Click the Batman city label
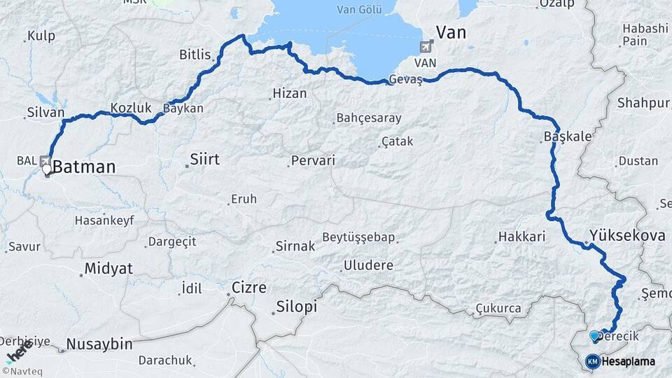[84, 167]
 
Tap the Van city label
[451, 32]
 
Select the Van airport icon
[425, 46]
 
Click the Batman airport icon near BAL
[45, 160]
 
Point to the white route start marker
[47, 169]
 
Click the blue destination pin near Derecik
[594, 336]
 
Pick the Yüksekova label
[627, 235]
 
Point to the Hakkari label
[521, 237]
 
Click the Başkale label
[568, 137]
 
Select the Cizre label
[249, 288]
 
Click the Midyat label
[108, 269]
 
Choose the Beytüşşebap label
[359, 237]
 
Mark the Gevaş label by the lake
[407, 80]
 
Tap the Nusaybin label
[99, 344]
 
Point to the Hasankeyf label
[104, 220]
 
